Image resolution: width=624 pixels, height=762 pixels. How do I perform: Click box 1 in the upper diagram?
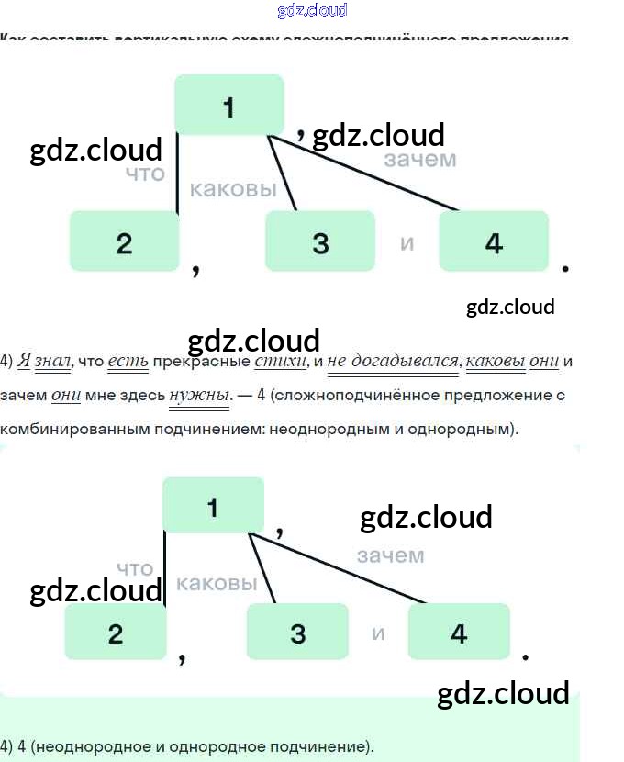pos(229,106)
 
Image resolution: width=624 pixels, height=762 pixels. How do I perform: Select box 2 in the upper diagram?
pos(124,241)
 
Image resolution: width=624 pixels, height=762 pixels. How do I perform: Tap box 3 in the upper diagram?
pos(319,241)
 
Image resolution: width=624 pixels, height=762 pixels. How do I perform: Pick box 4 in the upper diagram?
pos(494,241)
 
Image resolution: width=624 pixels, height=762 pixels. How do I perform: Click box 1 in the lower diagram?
pos(213,506)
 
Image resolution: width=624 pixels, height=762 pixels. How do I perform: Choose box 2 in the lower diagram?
pos(115,633)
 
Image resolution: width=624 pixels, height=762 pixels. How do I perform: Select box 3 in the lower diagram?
pos(297,633)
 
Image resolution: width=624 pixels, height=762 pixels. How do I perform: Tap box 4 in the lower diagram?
pos(459,633)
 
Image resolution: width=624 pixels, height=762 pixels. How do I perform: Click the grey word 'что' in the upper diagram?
pos(145,174)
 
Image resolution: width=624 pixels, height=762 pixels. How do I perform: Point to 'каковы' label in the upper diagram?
pos(233,189)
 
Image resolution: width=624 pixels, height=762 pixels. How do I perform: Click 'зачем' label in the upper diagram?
pos(419,160)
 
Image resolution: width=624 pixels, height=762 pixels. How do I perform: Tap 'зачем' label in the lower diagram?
pos(390,555)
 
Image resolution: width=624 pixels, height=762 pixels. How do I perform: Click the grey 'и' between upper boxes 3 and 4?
pos(407,243)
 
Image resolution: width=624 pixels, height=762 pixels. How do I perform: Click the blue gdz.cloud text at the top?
pos(312,11)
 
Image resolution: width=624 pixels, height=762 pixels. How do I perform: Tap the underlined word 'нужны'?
pos(198,395)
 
